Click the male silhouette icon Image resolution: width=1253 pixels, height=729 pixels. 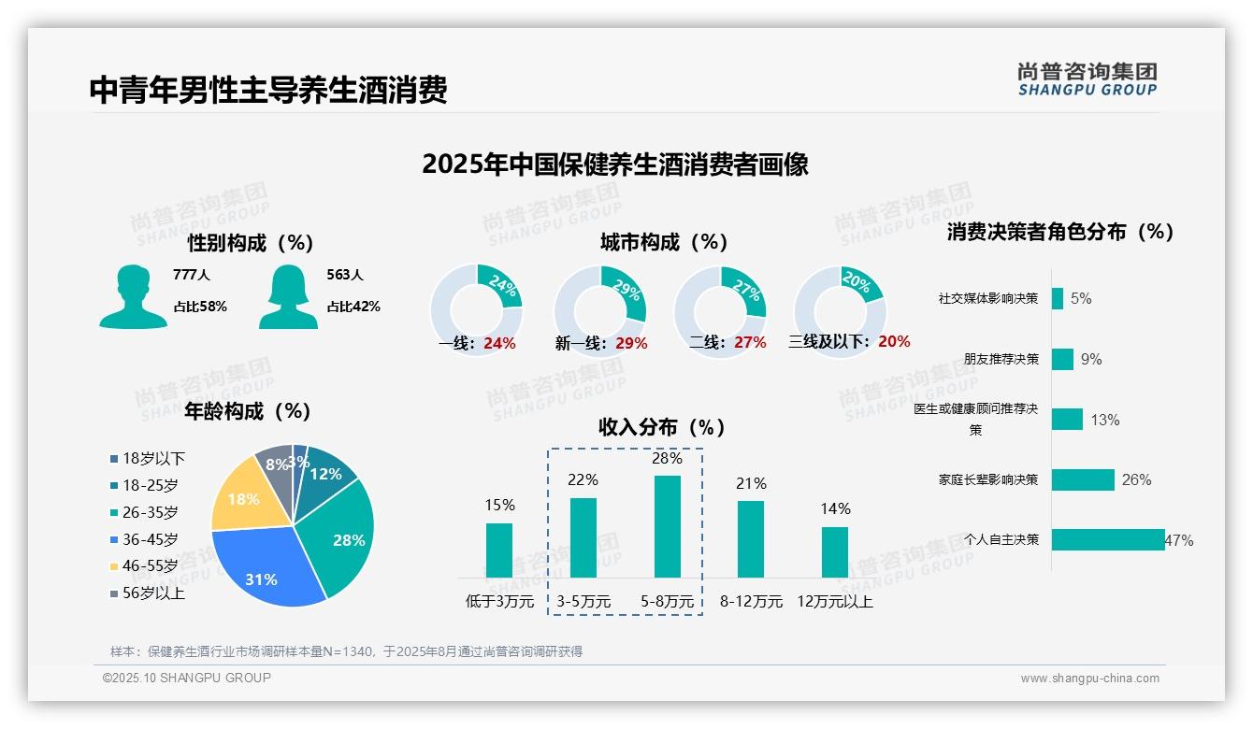133,296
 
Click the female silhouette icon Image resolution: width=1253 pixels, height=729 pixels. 288,296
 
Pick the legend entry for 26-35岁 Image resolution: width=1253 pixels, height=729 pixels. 150,512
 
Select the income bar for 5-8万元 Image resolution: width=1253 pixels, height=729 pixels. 667,526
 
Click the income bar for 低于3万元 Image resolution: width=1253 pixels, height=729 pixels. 499,550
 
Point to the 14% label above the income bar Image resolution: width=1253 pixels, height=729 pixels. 835,508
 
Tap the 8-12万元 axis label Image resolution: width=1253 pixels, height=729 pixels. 751,601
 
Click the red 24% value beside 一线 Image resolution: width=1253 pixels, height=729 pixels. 500,343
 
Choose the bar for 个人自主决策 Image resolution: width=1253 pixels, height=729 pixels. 1108,539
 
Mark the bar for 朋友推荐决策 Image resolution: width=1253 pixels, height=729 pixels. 1062,359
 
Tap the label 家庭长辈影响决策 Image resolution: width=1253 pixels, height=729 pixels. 988,479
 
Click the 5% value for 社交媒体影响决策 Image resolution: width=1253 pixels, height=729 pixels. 1081,298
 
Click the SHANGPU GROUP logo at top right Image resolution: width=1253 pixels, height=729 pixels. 1087,79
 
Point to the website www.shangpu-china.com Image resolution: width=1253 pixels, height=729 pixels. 1089,679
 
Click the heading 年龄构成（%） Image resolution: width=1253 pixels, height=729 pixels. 248,411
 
